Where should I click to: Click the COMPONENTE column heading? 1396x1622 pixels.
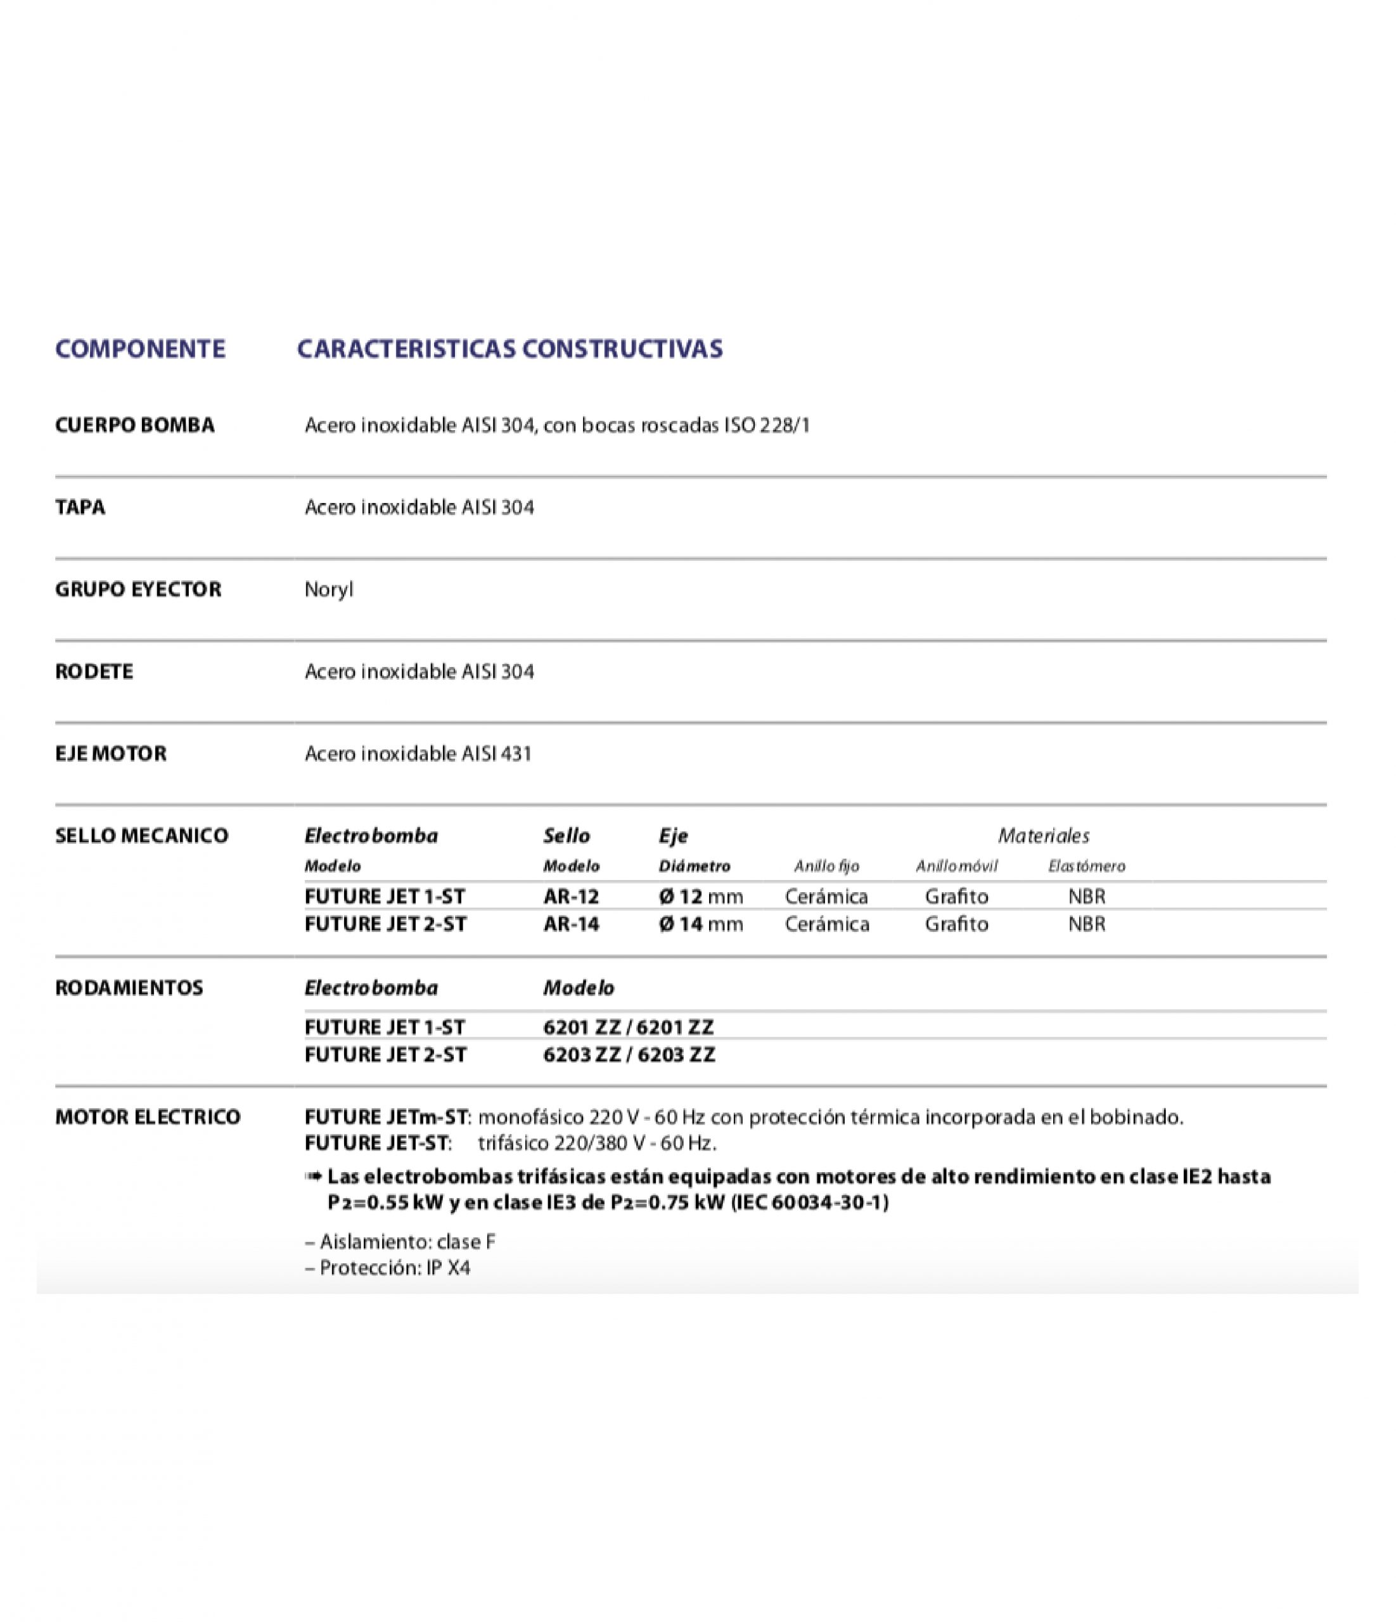click(x=140, y=348)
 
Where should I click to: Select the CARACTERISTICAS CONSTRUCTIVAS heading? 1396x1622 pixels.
click(x=509, y=348)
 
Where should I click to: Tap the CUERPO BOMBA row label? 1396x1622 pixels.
click(x=135, y=425)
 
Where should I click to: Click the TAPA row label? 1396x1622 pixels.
click(x=80, y=508)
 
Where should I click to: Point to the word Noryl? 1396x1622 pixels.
click(x=329, y=589)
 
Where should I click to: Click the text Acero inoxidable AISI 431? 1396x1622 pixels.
click(x=418, y=754)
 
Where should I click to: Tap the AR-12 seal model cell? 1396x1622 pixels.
click(x=571, y=897)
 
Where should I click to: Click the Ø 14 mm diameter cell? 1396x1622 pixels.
click(x=701, y=924)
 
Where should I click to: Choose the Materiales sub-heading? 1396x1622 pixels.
click(x=1043, y=836)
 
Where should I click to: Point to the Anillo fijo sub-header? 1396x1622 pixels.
click(x=826, y=867)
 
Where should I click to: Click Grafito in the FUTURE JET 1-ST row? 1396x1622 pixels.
click(x=956, y=897)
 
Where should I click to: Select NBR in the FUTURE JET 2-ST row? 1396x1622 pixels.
click(x=1087, y=924)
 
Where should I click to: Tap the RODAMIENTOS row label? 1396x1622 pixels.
click(x=129, y=988)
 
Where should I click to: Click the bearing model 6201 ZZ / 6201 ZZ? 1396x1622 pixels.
click(x=629, y=1027)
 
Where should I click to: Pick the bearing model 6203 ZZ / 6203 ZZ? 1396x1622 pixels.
click(x=629, y=1055)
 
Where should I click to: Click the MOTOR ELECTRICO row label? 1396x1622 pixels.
click(x=148, y=1117)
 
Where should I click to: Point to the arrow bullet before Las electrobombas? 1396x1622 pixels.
click(x=313, y=1177)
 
